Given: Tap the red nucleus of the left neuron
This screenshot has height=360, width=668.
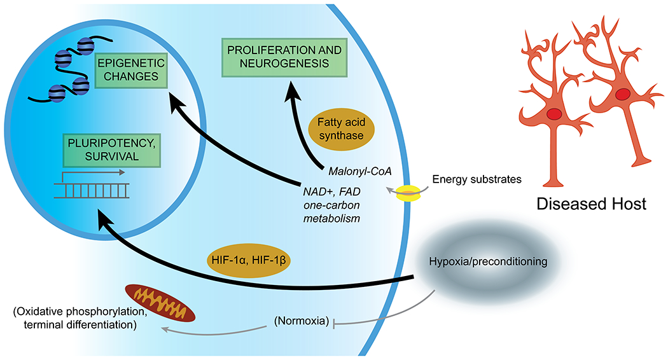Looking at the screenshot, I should pos(554,114).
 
